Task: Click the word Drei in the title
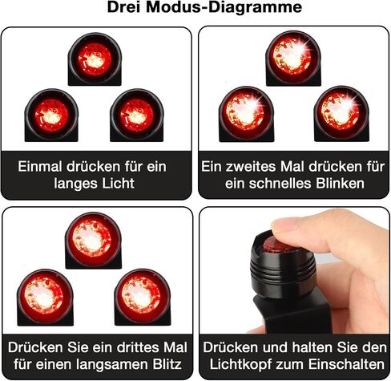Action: point(123,7)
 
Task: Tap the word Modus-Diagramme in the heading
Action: point(224,7)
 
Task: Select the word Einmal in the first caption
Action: point(40,167)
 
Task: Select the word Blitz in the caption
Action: point(167,364)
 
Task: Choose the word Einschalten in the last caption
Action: point(346,364)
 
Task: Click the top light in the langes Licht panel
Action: point(95,59)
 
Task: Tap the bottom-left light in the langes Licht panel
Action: point(51,116)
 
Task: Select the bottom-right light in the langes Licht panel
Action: point(137,116)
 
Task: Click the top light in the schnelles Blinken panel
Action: point(293,59)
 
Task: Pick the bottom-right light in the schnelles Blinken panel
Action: point(341,114)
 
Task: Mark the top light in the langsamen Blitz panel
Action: point(93,241)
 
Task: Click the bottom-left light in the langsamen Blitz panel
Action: point(45,298)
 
